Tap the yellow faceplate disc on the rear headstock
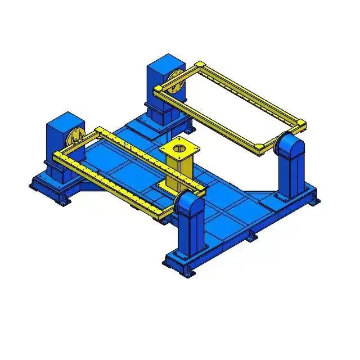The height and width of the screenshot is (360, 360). [175, 83]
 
